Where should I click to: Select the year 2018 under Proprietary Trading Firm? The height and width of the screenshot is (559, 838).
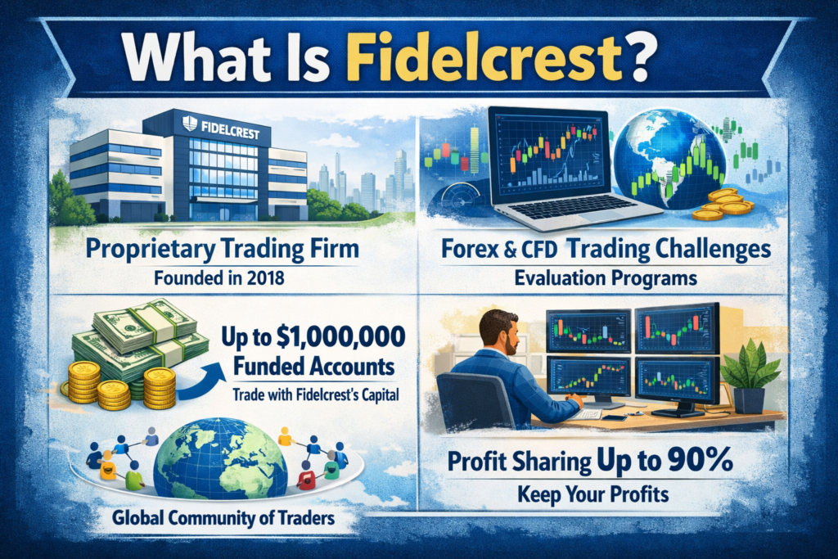262,277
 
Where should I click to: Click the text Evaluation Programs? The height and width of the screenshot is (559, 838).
606,278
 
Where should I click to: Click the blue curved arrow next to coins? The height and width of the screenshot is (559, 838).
205,381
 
